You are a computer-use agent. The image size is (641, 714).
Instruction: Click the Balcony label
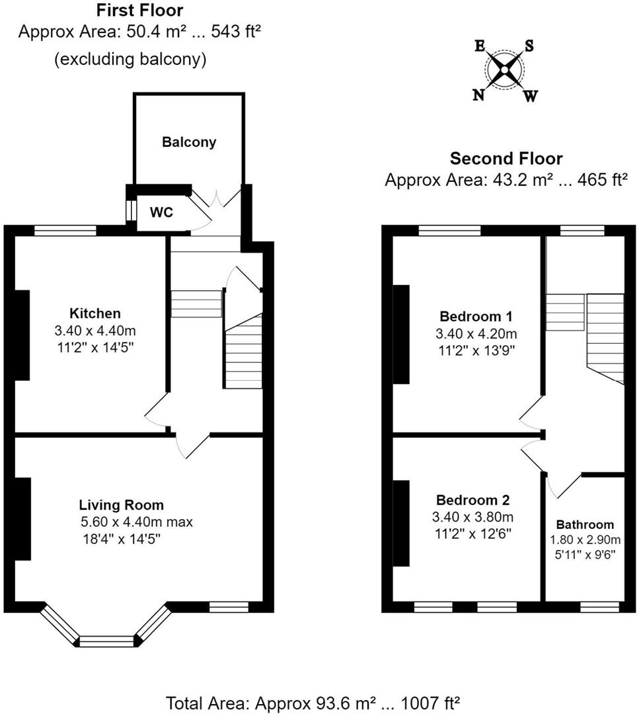(x=189, y=142)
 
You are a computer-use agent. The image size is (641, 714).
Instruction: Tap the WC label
(x=162, y=212)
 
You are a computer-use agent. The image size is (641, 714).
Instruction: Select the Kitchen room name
(x=95, y=313)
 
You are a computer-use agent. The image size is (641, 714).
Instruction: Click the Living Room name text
(x=122, y=505)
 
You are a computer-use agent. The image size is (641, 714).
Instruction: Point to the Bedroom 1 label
(x=476, y=316)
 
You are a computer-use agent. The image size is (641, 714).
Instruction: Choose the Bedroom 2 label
(x=472, y=500)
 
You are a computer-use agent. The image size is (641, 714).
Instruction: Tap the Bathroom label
(x=585, y=524)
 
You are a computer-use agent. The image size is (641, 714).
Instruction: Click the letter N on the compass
(x=478, y=95)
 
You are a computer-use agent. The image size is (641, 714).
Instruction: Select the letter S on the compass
(x=529, y=45)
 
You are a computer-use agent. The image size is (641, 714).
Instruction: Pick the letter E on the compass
(x=479, y=46)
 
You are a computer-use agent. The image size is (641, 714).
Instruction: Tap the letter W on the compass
(x=531, y=96)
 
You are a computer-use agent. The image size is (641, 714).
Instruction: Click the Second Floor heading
(x=506, y=159)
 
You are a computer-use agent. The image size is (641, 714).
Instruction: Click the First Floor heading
(x=139, y=10)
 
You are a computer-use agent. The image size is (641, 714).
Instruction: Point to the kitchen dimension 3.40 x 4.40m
(x=95, y=331)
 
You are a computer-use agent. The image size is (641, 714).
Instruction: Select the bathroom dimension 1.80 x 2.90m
(x=585, y=540)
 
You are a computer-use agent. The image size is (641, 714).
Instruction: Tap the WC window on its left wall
(x=131, y=210)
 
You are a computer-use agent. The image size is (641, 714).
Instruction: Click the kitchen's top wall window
(x=65, y=231)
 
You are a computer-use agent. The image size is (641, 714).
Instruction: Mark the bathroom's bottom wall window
(x=599, y=606)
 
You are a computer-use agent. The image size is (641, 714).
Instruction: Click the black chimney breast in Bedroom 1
(x=401, y=335)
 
